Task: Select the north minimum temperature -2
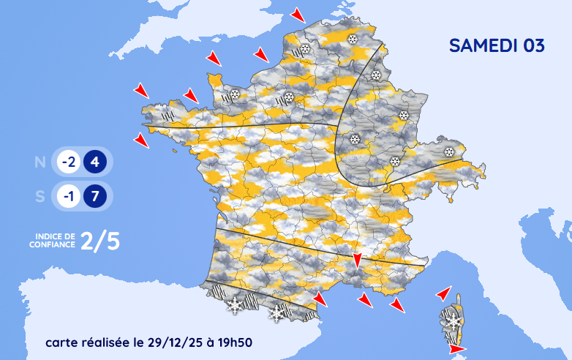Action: [x=69, y=162]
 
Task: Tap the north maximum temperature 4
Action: [x=95, y=162]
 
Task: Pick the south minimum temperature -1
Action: [x=69, y=197]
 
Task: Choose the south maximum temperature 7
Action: [x=95, y=197]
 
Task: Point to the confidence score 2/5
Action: [x=100, y=241]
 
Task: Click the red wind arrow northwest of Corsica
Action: [x=443, y=293]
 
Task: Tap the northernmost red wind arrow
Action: [x=297, y=15]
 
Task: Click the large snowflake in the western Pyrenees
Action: [x=235, y=305]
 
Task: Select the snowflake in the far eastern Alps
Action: [x=448, y=152]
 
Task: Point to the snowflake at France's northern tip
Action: [x=353, y=40]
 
